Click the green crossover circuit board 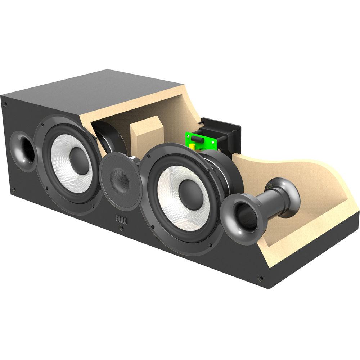[202, 143]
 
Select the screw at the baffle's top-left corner [6, 104]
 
